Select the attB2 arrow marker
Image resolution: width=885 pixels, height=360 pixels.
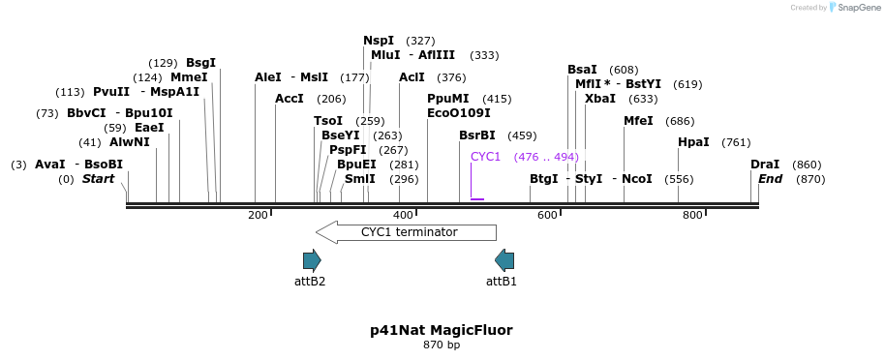coord(311,260)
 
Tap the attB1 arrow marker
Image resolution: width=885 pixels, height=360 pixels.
coord(504,260)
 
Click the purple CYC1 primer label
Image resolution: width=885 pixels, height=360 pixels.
coord(485,157)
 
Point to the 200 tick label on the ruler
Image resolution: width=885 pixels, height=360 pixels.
coord(258,215)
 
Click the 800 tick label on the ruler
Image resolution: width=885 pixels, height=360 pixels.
coord(692,215)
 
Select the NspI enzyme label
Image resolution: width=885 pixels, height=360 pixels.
coord(379,41)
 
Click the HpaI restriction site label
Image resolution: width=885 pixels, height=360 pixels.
coord(693,142)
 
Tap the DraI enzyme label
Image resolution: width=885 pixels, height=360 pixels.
coord(765,165)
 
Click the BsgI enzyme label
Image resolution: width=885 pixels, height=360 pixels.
coord(201,63)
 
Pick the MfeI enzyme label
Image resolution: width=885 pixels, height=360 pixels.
coord(638,121)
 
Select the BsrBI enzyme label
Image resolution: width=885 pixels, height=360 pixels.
coord(477,135)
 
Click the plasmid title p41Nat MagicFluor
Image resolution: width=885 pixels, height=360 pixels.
coord(442,330)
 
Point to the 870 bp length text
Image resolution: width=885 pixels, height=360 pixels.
coord(442,345)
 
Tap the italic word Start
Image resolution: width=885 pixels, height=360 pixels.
coord(98,179)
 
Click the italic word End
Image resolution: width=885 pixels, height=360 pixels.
coord(770,179)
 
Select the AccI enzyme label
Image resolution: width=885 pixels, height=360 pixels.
coord(290,99)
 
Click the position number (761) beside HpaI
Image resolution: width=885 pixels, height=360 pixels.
coord(736,142)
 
